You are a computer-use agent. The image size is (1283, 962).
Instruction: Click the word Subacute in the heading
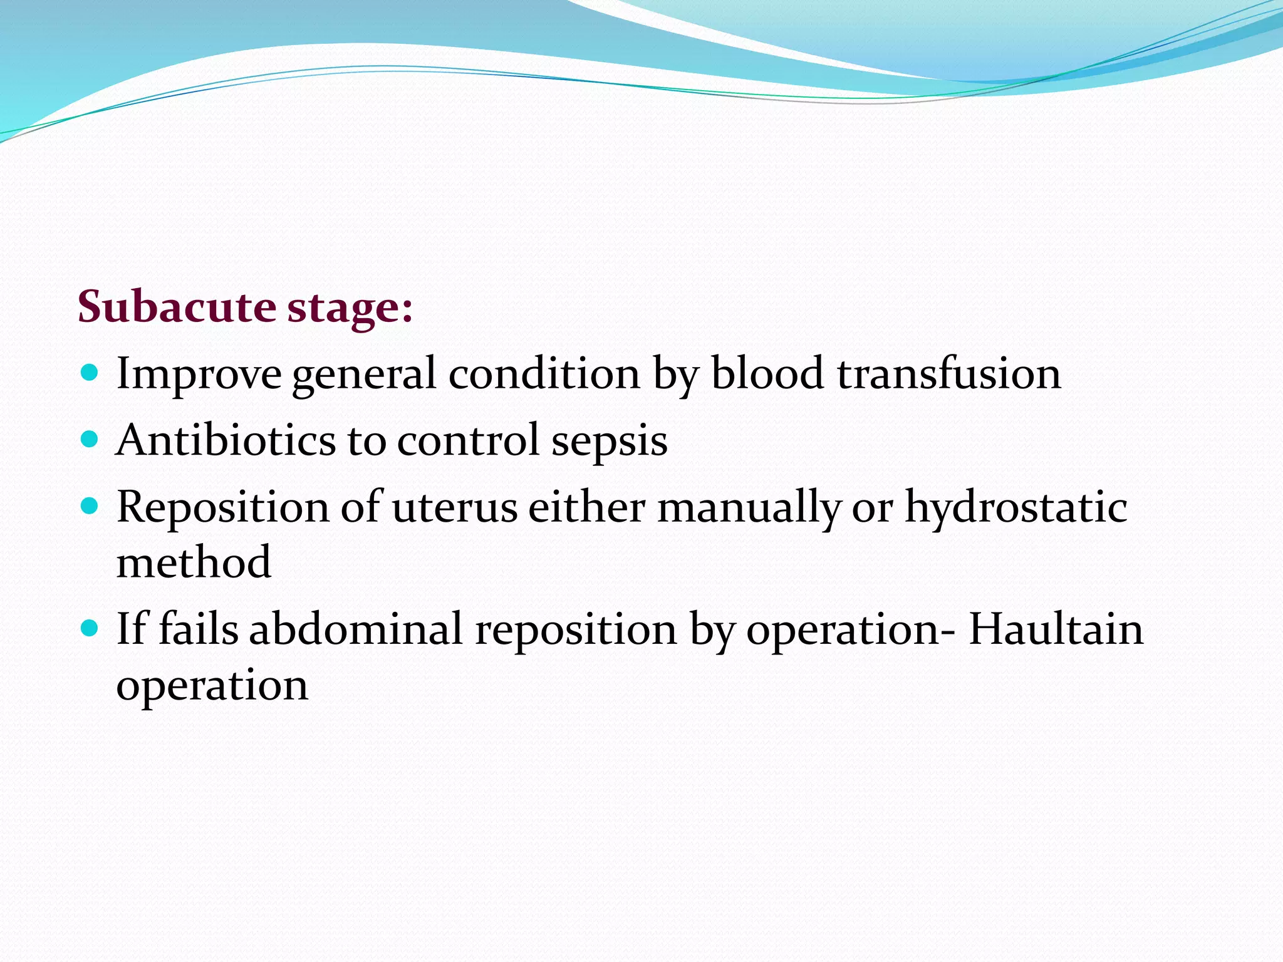pos(176,307)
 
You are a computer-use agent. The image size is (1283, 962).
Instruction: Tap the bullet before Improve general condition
pos(90,373)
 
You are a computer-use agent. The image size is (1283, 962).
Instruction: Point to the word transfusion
pos(948,373)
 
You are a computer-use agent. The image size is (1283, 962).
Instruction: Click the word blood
pos(767,373)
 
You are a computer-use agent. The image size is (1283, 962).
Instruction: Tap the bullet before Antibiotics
pos(90,439)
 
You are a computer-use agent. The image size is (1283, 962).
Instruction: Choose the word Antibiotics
pos(226,439)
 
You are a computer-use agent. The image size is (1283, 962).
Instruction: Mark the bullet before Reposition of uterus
pos(90,505)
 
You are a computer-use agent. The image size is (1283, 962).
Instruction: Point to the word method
pos(194,562)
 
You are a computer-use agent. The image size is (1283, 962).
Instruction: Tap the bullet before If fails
pos(90,628)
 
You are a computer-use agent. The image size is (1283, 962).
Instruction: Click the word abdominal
pos(356,629)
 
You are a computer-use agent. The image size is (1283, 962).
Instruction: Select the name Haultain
pos(1056,629)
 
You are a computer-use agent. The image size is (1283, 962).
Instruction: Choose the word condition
pos(544,373)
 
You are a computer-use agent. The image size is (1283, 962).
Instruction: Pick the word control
pos(468,439)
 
